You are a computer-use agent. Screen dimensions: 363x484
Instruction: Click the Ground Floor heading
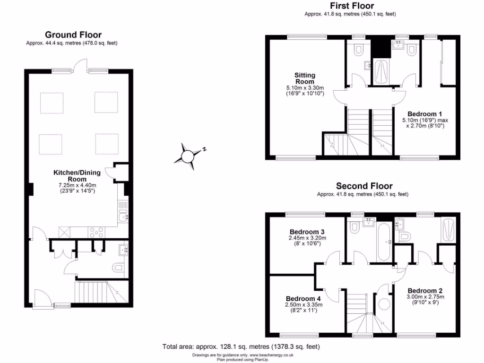tap(73, 35)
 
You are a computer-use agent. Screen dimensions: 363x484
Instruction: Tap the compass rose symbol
tap(188, 156)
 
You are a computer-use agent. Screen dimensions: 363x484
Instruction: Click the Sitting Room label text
tap(304, 78)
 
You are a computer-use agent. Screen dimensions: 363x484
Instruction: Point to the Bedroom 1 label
tap(424, 114)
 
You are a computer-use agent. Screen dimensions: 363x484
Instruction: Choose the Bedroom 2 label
tap(424, 290)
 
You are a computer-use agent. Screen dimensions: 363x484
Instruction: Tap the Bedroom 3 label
tap(307, 232)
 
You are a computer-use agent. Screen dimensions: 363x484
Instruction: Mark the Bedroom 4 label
tap(303, 299)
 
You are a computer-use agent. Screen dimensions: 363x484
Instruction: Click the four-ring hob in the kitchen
tap(96, 232)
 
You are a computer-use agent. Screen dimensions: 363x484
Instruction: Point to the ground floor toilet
tap(118, 269)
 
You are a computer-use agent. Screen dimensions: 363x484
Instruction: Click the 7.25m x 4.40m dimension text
tap(77, 185)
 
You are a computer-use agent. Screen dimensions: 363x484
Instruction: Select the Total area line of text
tap(241, 346)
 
